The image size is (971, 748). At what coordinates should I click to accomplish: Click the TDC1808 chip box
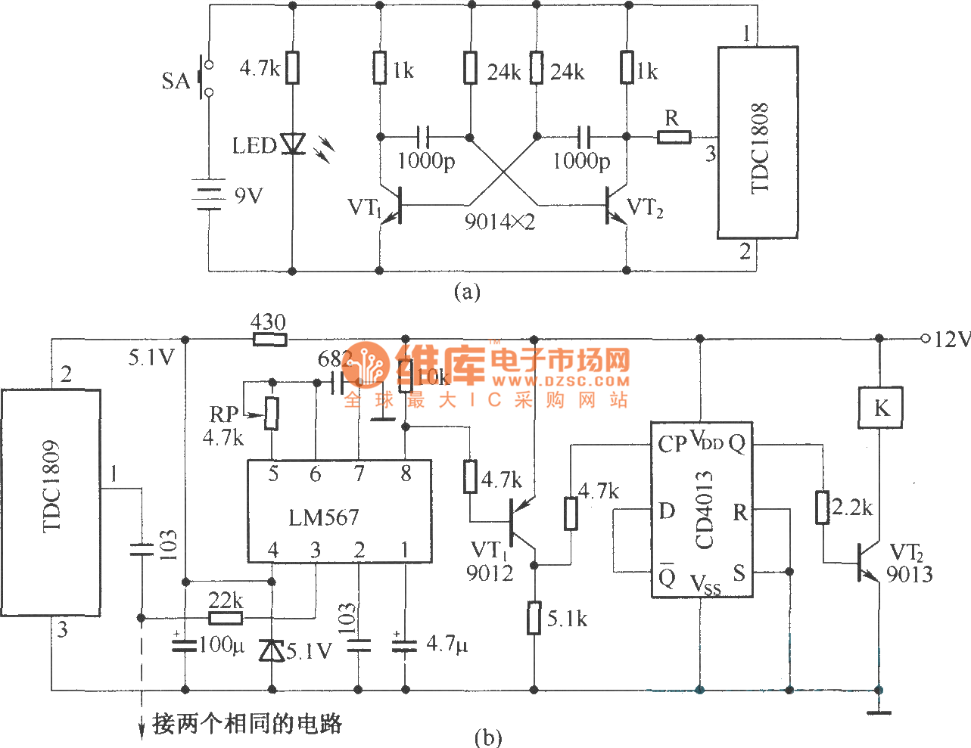(758, 142)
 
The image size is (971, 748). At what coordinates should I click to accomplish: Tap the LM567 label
(324, 517)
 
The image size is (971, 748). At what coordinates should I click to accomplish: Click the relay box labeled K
(880, 408)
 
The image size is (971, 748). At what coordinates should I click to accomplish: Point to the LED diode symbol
(292, 143)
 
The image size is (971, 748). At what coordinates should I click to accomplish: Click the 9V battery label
(248, 196)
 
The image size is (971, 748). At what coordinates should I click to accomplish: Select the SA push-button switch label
(176, 80)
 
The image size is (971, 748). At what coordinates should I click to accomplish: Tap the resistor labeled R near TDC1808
(674, 136)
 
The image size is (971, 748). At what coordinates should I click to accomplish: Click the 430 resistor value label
(269, 322)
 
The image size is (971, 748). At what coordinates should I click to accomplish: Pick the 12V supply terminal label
(951, 340)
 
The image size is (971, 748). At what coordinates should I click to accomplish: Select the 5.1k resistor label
(568, 619)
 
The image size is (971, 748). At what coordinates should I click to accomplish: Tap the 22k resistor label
(226, 601)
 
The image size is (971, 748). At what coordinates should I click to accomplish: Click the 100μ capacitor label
(222, 645)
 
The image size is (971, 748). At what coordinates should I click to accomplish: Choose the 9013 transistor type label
(909, 574)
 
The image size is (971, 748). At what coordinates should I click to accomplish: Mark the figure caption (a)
(466, 291)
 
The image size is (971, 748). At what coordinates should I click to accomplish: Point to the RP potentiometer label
(224, 414)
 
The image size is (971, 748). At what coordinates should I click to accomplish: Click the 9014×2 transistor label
(500, 222)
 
